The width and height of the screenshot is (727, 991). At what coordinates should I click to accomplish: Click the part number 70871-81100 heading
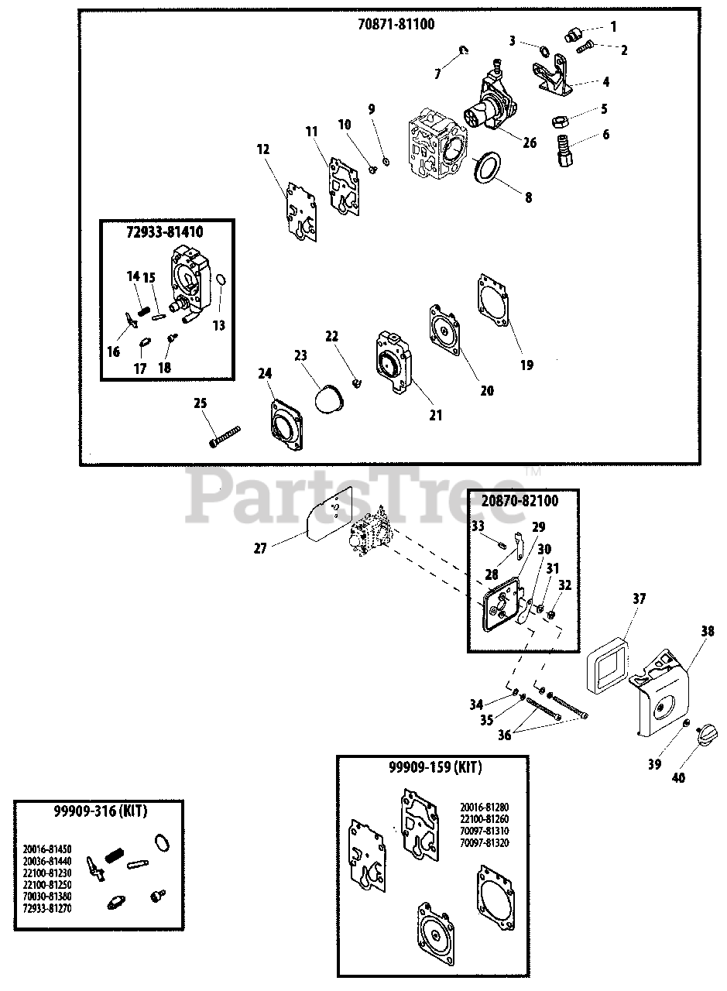396,24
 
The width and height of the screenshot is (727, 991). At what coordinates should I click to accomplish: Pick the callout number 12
264,149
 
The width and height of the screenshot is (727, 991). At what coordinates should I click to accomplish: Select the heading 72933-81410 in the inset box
166,231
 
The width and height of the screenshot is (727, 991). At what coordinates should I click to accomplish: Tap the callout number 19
526,365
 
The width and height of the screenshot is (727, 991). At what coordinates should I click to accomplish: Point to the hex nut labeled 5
560,121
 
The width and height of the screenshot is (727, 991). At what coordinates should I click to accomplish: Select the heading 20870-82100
523,501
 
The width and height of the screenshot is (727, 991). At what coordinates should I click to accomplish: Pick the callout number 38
707,630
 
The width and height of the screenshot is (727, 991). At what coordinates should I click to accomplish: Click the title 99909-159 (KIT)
433,768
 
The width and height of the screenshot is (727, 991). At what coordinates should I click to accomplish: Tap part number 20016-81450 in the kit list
48,846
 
